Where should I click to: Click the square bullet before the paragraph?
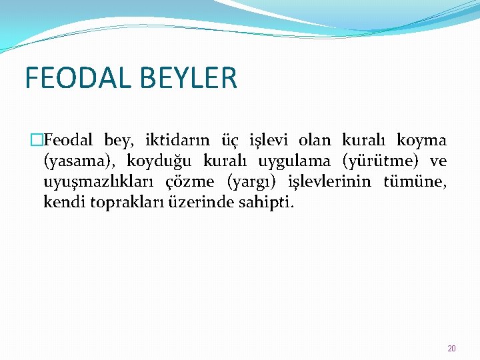pyautogui.click(x=37, y=141)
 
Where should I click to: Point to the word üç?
pyautogui.click(x=229, y=141)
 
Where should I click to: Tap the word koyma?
pyautogui.click(x=421, y=141)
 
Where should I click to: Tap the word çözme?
pyautogui.click(x=189, y=181)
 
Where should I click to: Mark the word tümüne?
pyautogui.click(x=415, y=181)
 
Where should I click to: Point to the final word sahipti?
pyautogui.click(x=265, y=201)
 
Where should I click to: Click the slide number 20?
pyautogui.click(x=451, y=348)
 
